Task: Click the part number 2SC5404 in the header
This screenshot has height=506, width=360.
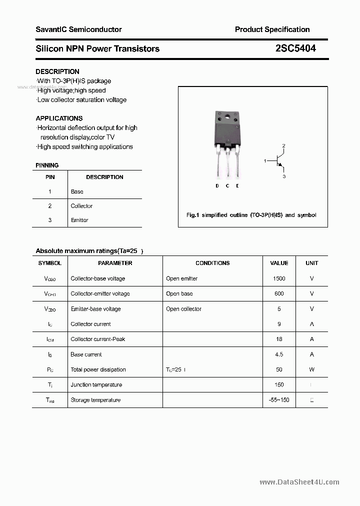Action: coord(295,48)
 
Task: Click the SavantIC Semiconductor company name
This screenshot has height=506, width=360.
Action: coord(78,29)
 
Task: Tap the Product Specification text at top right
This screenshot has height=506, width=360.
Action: coord(272,29)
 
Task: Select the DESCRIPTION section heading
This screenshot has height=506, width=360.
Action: coord(57,71)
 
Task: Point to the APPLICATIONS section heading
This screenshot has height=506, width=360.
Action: coord(59,118)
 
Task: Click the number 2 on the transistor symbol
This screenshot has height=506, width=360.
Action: coord(283,146)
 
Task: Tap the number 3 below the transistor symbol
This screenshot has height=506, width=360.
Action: coord(283,176)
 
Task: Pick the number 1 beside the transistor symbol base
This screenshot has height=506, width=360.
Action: coord(265,160)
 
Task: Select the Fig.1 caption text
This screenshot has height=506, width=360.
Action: coord(251,215)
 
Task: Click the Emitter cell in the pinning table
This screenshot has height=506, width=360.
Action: coord(79,220)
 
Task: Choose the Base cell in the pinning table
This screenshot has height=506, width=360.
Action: coord(77,191)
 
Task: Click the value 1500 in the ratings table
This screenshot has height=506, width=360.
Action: coord(279,278)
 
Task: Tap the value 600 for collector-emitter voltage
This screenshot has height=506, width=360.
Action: coord(279,293)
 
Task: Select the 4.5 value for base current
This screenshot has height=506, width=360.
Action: coord(279,354)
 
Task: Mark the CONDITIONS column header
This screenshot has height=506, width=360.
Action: coord(212,263)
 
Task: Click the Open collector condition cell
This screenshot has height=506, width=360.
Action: coord(183,309)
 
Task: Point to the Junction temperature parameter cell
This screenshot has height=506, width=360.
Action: coord(96,385)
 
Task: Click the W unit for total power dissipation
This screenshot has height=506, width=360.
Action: coord(311,369)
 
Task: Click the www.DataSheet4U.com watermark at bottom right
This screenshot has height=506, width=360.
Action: coord(299,482)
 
